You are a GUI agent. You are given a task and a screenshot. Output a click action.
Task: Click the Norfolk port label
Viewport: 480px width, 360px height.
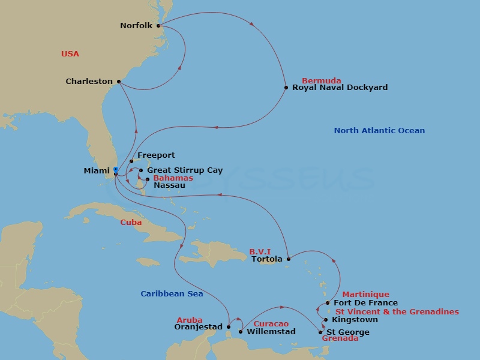tap(136, 26)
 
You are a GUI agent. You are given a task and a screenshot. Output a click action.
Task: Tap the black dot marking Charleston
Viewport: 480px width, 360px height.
tap(119, 82)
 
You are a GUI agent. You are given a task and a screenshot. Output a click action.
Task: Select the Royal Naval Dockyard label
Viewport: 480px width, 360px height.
tap(340, 88)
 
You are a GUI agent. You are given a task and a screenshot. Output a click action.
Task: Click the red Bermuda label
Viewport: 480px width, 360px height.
tap(322, 80)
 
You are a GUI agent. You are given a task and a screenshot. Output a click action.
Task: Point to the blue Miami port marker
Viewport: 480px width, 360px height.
tap(115, 169)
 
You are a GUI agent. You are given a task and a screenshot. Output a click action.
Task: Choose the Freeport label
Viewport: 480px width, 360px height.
tap(156, 155)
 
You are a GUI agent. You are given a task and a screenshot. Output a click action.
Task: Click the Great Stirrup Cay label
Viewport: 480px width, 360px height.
tap(185, 170)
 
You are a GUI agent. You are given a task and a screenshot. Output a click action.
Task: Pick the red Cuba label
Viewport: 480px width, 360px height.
tap(131, 223)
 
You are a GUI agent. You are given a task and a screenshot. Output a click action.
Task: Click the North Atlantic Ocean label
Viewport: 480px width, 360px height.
tap(379, 131)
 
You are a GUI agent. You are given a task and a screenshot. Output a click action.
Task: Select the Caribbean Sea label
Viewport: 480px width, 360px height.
tap(172, 294)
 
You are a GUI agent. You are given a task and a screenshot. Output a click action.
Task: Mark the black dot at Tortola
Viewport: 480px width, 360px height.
tap(289, 259)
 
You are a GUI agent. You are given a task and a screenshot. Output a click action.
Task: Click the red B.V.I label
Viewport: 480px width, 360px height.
tap(260, 252)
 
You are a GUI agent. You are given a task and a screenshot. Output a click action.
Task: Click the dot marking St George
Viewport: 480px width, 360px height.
tap(321, 332)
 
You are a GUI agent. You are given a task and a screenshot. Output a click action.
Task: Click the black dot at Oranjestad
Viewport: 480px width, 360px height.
tap(229, 328)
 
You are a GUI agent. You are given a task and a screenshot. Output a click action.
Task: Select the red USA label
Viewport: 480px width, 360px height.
tap(70, 54)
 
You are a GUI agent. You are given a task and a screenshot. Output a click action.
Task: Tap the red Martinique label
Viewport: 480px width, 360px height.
tap(365, 295)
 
